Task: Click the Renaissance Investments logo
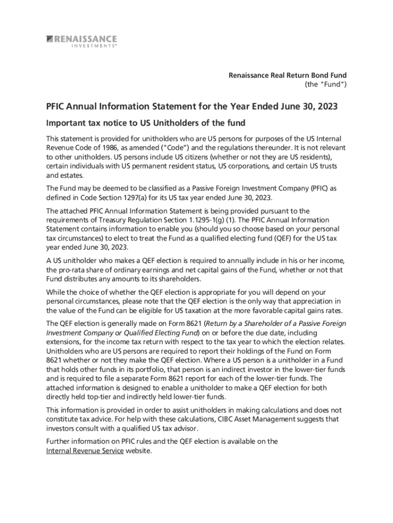pyautogui.click(x=82, y=41)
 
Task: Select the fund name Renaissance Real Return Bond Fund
pyautogui.click(x=287, y=76)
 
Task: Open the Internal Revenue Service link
pyautogui.click(x=85, y=450)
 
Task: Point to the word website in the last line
pyautogui.click(x=138, y=450)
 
